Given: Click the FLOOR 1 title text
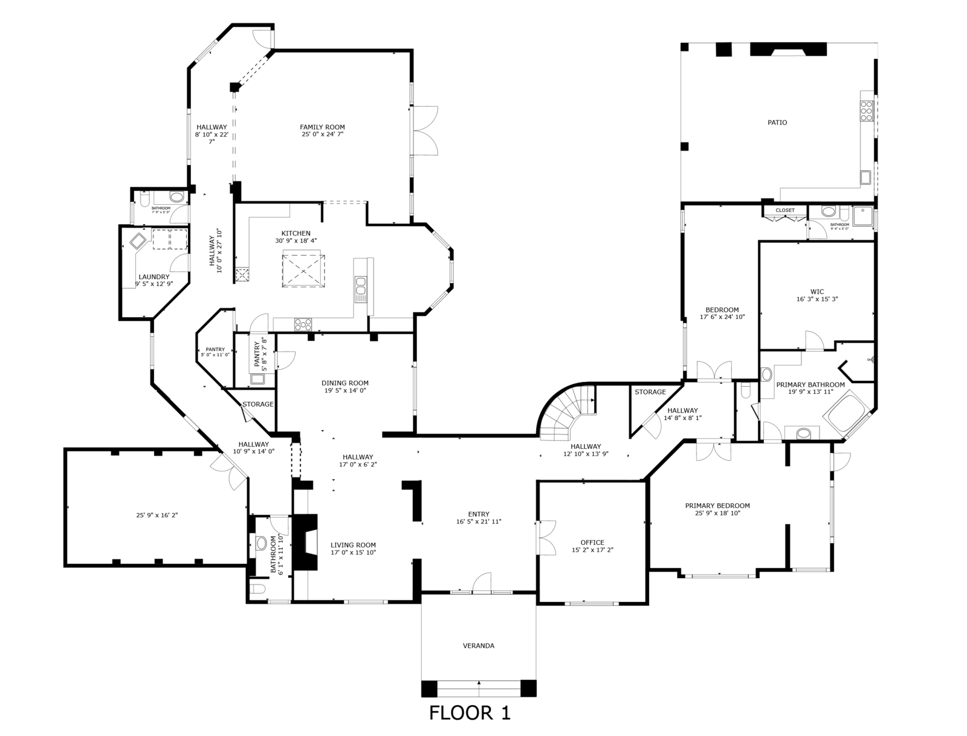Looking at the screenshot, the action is coord(470,712).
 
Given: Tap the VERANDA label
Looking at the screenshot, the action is coord(479,645).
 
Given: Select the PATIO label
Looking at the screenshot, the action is coord(777,122).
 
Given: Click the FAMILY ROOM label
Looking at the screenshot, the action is coord(322,127).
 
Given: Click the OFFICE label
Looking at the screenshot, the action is coord(592,542).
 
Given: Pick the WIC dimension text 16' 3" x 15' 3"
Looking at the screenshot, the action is coord(817,299).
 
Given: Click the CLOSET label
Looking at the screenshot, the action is coord(785,210).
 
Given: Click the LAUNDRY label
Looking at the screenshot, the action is coord(154,277).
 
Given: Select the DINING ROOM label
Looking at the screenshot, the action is coord(344,383).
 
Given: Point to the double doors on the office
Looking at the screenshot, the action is coord(547,537).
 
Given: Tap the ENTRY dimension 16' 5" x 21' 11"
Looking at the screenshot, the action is coord(479,521).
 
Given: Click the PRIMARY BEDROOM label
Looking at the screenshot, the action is coord(717,506).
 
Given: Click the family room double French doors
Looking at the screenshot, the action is coord(425,131).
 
